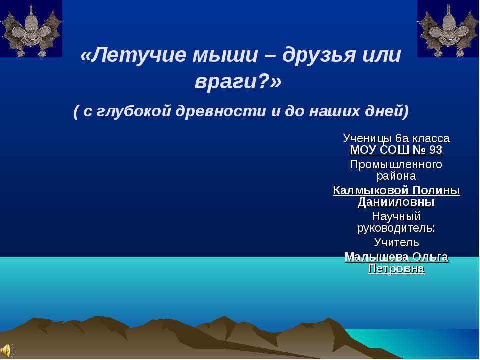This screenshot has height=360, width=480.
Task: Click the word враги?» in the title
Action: [238, 81]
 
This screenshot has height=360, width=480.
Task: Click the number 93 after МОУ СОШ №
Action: [434, 150]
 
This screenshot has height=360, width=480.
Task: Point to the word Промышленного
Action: [396, 164]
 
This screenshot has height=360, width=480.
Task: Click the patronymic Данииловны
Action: [396, 202]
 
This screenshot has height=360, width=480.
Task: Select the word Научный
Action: [396, 217]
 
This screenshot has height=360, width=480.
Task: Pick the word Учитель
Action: [396, 243]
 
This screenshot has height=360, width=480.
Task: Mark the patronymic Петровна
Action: [396, 269]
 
